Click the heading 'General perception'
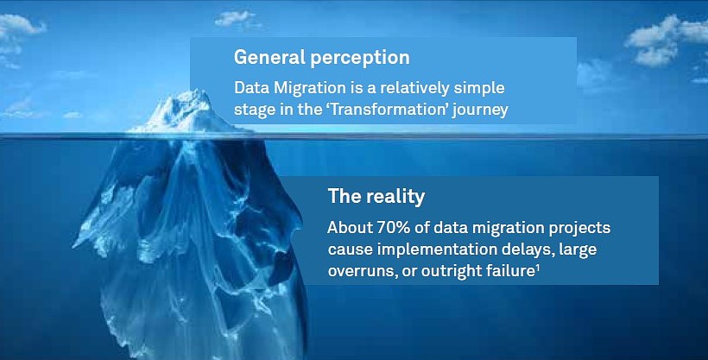tap(321, 58)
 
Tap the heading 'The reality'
tap(376, 197)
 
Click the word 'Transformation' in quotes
tap(389, 110)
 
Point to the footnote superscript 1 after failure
tap(538, 268)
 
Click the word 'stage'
tap(253, 111)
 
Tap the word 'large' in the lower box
tap(578, 250)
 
